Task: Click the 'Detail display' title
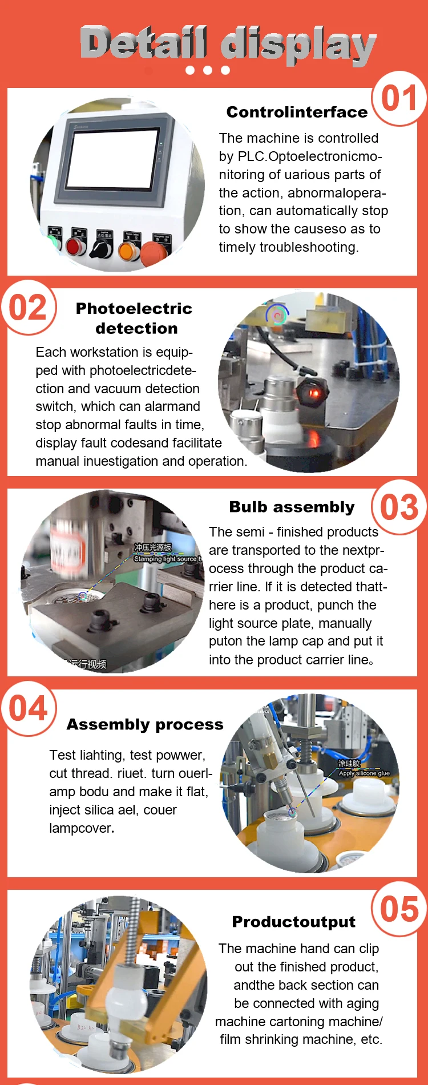tap(228, 44)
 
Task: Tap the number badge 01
tap(399, 98)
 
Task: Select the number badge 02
tap(28, 308)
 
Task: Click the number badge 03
tap(399, 507)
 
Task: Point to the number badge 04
tap(28, 708)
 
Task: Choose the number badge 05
tap(399, 909)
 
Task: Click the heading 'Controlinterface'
tap(297, 112)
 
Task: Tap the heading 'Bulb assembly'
tap(292, 507)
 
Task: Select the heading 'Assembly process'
tap(145, 724)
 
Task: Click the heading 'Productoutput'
tap(293, 922)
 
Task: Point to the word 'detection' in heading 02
tap(136, 328)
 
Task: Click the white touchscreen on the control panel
tap(113, 160)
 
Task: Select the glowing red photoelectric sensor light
tap(312, 393)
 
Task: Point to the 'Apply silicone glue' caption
tap(364, 773)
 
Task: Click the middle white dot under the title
tap(208, 70)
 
